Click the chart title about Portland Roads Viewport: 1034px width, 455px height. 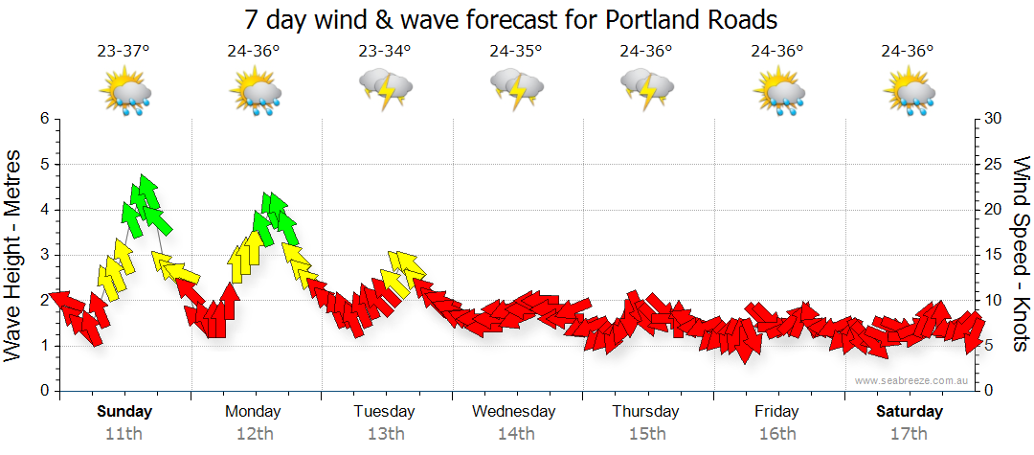tap(510, 19)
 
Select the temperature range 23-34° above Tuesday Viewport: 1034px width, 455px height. tap(385, 51)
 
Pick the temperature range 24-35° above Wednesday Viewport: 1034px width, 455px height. tap(516, 51)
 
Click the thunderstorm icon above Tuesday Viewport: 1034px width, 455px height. tap(385, 90)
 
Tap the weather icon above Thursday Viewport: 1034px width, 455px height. tap(647, 90)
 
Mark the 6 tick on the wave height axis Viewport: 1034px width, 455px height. tap(44, 119)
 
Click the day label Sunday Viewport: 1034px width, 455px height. tap(124, 412)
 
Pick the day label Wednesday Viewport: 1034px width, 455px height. tap(514, 412)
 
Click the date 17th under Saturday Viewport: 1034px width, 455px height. tap(910, 434)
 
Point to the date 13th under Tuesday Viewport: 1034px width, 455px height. tap(385, 434)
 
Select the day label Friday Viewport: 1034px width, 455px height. tap(776, 412)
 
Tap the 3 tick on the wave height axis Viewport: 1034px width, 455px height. tap(44, 255)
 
